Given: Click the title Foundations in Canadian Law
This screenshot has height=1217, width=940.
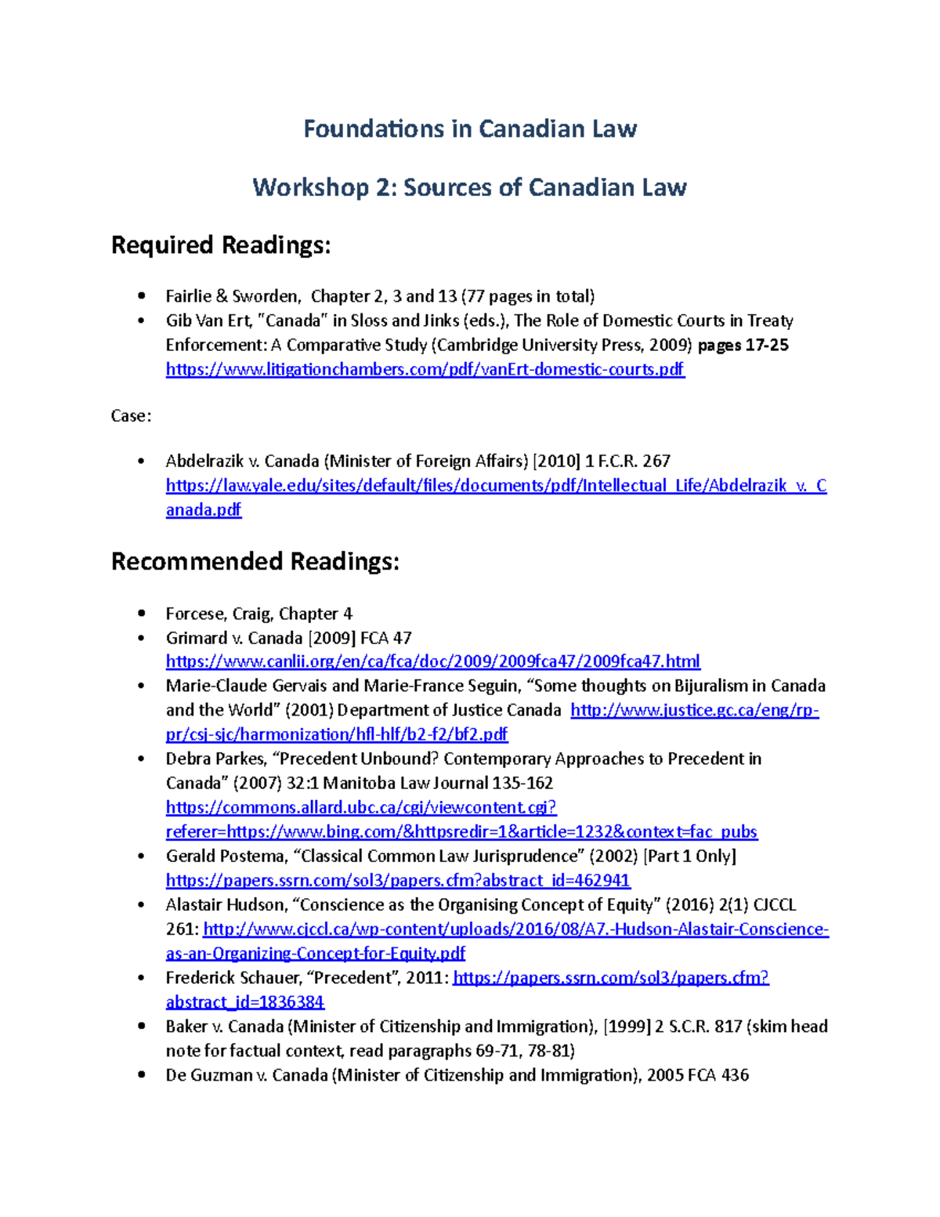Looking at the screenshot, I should tap(470, 129).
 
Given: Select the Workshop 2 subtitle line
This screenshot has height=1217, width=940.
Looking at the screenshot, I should tap(469, 187).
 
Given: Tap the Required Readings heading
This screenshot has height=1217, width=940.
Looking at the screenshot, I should tap(221, 245).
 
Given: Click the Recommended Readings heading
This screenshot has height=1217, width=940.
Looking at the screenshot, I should tap(255, 562).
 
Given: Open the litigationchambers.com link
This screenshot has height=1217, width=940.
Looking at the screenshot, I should tap(425, 369).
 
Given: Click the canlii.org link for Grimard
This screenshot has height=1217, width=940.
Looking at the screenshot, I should tap(432, 661).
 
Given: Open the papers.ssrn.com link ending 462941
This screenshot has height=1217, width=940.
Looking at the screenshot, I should tap(398, 881).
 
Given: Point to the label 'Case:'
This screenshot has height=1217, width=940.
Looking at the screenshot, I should tap(131, 416).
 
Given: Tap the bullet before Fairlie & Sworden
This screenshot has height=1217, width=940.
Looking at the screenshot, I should tap(141, 296).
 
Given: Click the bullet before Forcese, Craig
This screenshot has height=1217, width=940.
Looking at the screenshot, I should tap(141, 614).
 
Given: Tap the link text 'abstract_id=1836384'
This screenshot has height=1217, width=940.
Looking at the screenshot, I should tap(245, 1002).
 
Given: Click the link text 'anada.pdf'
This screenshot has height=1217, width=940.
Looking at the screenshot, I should tap(204, 510).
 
